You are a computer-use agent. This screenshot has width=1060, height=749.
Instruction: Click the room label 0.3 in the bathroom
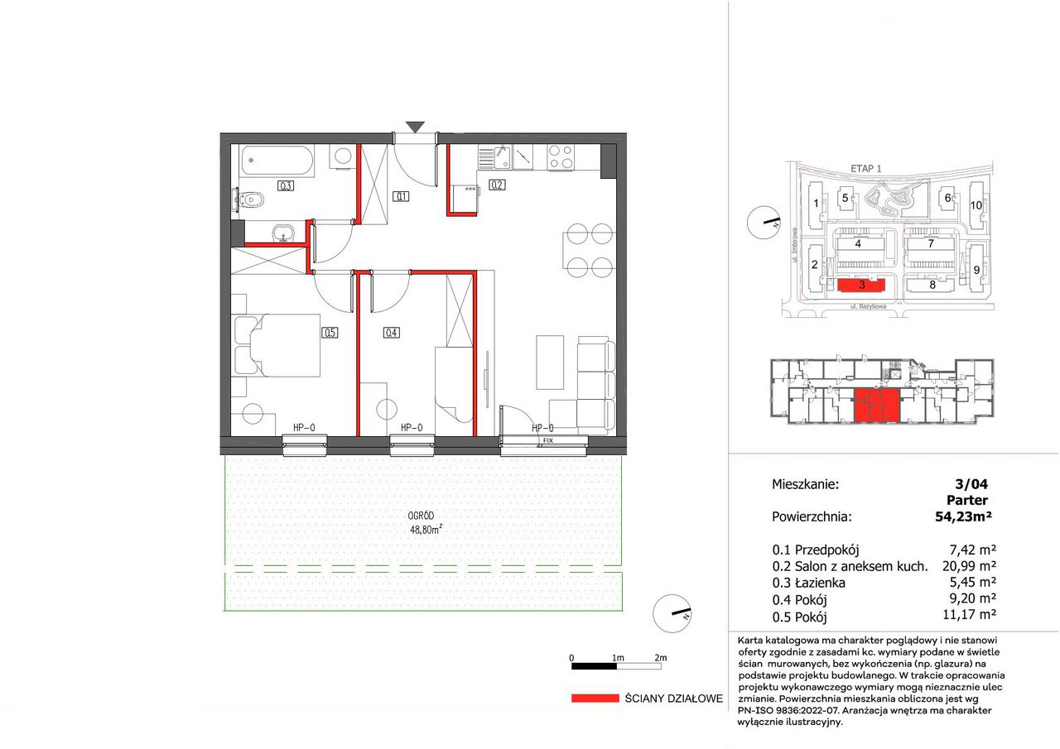(286, 186)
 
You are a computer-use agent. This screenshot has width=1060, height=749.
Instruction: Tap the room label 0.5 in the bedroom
(330, 333)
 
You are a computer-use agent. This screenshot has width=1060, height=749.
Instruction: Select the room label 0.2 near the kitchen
(497, 185)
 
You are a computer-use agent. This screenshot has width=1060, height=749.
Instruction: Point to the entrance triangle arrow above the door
(415, 127)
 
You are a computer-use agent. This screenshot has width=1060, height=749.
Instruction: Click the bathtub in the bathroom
(277, 161)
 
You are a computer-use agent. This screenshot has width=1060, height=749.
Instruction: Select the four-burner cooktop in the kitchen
(561, 157)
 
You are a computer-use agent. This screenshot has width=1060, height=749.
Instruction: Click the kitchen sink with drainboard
(494, 157)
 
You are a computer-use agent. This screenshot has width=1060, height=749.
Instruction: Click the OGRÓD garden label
(421, 516)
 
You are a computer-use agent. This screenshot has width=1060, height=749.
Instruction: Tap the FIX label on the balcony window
(547, 440)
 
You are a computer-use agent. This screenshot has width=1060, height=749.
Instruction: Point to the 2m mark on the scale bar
(661, 658)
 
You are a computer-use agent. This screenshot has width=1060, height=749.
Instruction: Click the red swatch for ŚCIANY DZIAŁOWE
(595, 699)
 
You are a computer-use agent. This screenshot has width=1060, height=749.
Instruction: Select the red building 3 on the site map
(860, 286)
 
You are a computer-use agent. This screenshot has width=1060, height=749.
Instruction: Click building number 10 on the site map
(976, 205)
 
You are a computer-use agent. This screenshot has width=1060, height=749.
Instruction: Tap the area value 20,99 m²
(969, 565)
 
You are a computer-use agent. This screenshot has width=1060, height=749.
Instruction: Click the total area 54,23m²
(963, 516)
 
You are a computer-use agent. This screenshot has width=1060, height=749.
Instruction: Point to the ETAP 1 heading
(866, 168)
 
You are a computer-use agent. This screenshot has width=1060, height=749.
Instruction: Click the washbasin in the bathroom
(283, 233)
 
